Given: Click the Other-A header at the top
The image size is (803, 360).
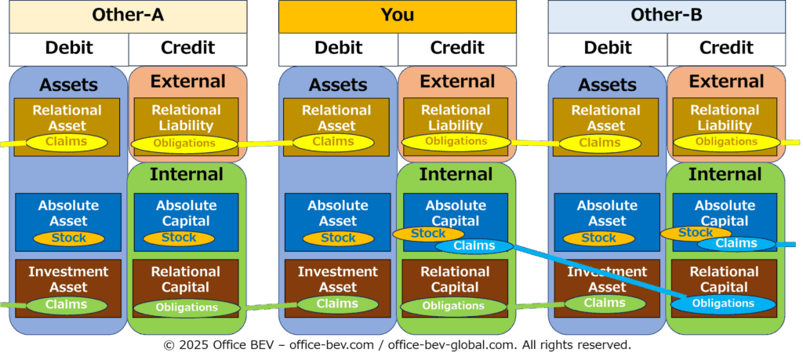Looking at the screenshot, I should [128, 15].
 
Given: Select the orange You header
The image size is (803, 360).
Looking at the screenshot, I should [398, 15].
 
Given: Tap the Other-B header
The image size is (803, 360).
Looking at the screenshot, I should [667, 15].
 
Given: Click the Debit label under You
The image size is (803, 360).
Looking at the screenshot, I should [338, 48].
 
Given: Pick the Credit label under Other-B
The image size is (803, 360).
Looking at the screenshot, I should [726, 48].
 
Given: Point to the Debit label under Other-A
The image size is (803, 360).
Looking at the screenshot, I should [69, 48].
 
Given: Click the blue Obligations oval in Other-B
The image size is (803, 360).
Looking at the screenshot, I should [723, 304].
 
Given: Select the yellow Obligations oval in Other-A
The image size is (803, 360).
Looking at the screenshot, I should [184, 144].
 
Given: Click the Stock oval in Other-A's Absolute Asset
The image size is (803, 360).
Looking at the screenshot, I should [69, 238].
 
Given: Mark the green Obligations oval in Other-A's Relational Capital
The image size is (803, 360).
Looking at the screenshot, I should [186, 307].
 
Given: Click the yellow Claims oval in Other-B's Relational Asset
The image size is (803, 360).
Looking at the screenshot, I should [600, 143].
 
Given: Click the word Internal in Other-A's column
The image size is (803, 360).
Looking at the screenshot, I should [187, 174].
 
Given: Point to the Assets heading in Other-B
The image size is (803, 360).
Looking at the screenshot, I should [607, 85].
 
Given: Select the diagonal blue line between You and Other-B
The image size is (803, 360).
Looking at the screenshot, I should [596, 275].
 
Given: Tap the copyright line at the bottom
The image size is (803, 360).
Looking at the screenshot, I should [397, 345].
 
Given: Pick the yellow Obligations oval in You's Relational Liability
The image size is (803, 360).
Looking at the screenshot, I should [456, 142].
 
